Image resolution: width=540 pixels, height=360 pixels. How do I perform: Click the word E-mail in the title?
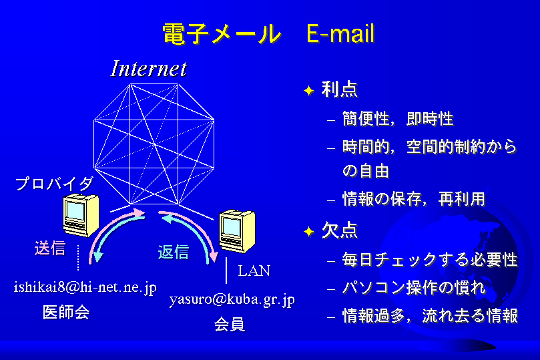click(340, 33)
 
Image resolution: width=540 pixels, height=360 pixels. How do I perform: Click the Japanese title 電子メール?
click(222, 34)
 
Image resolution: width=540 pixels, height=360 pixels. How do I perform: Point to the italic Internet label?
click(149, 69)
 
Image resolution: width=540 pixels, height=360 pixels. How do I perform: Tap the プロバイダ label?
click(55, 184)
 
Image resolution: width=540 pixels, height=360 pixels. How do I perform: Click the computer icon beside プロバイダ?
click(81, 215)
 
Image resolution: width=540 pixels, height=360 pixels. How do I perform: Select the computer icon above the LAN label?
click(237, 231)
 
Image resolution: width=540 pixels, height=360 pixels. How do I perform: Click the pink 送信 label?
click(50, 248)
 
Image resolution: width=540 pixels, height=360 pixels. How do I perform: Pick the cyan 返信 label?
click(174, 252)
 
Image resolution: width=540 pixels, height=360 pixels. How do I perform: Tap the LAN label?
click(254, 271)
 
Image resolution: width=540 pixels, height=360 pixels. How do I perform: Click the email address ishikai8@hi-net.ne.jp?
click(85, 287)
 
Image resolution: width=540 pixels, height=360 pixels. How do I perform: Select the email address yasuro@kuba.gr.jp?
click(232, 299)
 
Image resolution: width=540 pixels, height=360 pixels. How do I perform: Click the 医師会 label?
click(66, 313)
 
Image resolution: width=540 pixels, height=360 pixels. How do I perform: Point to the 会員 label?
click(230, 324)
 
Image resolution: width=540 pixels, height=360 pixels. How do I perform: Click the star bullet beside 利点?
click(309, 91)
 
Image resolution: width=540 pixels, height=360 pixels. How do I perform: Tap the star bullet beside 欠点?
click(309, 232)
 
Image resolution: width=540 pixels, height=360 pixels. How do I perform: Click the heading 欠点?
click(340, 230)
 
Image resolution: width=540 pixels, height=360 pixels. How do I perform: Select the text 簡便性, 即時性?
click(398, 119)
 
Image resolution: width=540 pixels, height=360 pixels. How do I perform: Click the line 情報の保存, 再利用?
click(414, 199)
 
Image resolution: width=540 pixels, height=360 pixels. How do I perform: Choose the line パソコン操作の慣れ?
click(414, 288)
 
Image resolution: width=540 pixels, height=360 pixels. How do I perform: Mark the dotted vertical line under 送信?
click(78, 258)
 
